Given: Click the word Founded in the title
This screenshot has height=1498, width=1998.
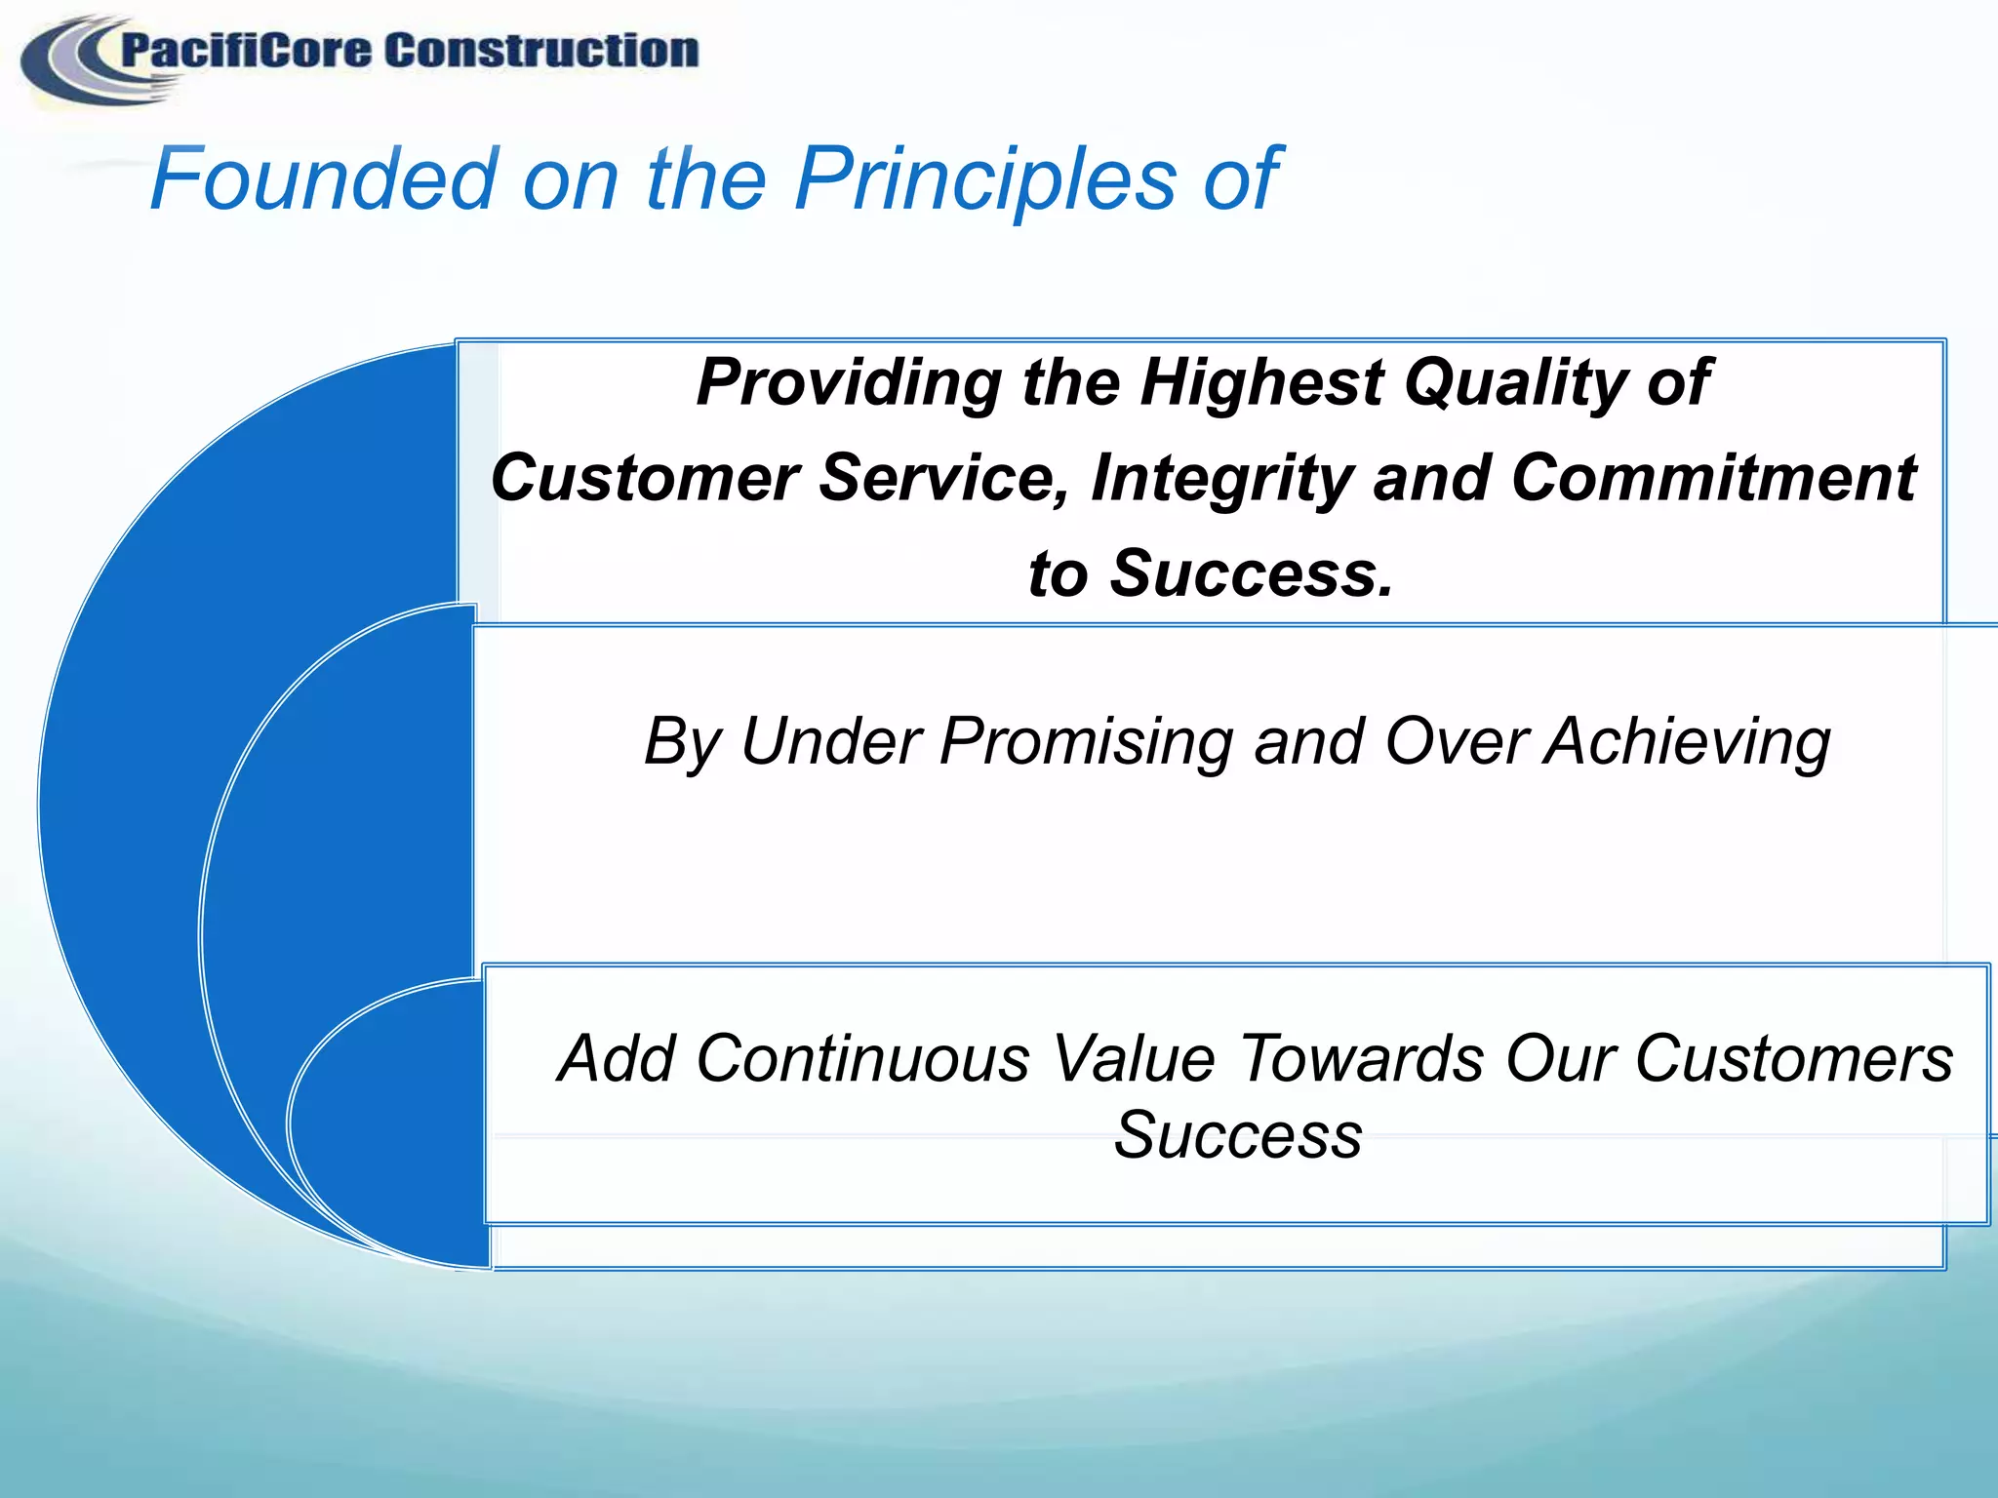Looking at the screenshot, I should click(x=325, y=179).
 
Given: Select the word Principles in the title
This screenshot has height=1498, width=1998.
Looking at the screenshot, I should click(x=986, y=179).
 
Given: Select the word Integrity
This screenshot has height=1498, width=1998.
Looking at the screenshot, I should click(x=1220, y=480).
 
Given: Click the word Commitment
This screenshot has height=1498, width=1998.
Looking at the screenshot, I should click(x=1713, y=478).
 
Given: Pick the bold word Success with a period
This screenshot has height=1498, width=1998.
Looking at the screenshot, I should click(x=1252, y=573).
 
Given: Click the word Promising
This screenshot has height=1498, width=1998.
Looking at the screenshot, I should click(x=1085, y=743).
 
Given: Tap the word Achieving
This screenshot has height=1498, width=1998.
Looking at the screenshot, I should click(x=1687, y=743).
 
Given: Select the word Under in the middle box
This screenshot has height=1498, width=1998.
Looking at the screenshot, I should click(x=831, y=741).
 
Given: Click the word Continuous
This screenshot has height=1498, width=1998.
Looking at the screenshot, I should click(x=862, y=1059).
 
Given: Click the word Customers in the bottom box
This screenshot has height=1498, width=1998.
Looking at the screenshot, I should click(x=1793, y=1059).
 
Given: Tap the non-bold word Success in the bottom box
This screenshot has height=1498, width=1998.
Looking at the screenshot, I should click(x=1237, y=1136).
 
